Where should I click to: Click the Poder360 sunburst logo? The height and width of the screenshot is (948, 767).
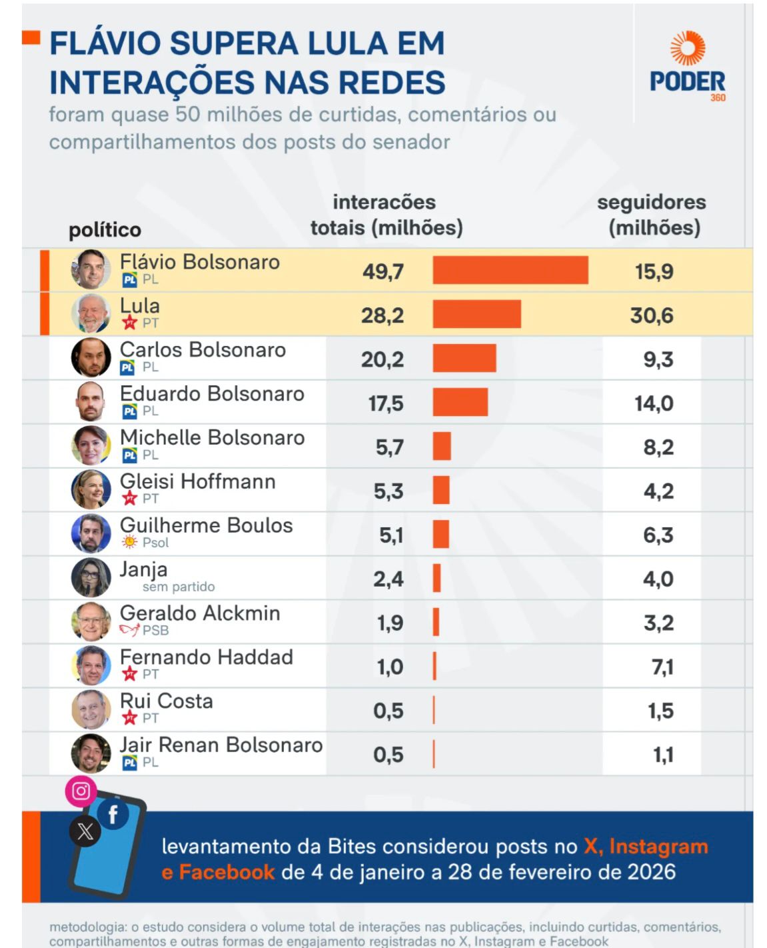pos(687,48)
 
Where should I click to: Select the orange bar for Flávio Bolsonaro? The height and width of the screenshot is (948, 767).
pos(510,270)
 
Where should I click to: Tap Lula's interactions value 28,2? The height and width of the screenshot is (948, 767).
pos(383,315)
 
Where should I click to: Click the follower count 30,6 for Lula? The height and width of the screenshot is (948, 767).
pos(652,315)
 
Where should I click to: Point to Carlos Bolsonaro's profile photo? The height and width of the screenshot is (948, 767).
pos(91,357)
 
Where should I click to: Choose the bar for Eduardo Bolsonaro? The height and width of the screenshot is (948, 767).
pos(460,403)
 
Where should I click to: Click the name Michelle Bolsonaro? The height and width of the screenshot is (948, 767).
pos(212,437)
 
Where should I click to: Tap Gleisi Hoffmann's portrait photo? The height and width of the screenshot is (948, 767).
pos(91,489)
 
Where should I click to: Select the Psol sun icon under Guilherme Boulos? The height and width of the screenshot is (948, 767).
pos(129,542)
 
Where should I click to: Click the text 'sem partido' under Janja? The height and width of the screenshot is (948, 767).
pos(179,587)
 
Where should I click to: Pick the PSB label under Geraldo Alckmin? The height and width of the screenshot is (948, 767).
pos(155,630)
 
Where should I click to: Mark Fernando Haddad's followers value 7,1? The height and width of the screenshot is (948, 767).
pos(662,667)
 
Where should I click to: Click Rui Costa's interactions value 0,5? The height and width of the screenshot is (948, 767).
pos(388,711)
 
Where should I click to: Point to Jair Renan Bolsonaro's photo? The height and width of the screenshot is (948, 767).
pos(91,753)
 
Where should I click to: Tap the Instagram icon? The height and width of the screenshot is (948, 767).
pos(81,791)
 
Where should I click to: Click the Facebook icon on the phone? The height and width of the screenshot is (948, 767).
pos(113,813)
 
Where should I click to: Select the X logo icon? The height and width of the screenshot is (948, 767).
pos(85,831)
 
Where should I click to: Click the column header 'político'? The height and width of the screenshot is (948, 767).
pos(105,230)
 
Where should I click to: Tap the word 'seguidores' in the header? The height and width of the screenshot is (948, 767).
pos(651,202)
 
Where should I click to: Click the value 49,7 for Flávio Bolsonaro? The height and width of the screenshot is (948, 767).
pos(383,271)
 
